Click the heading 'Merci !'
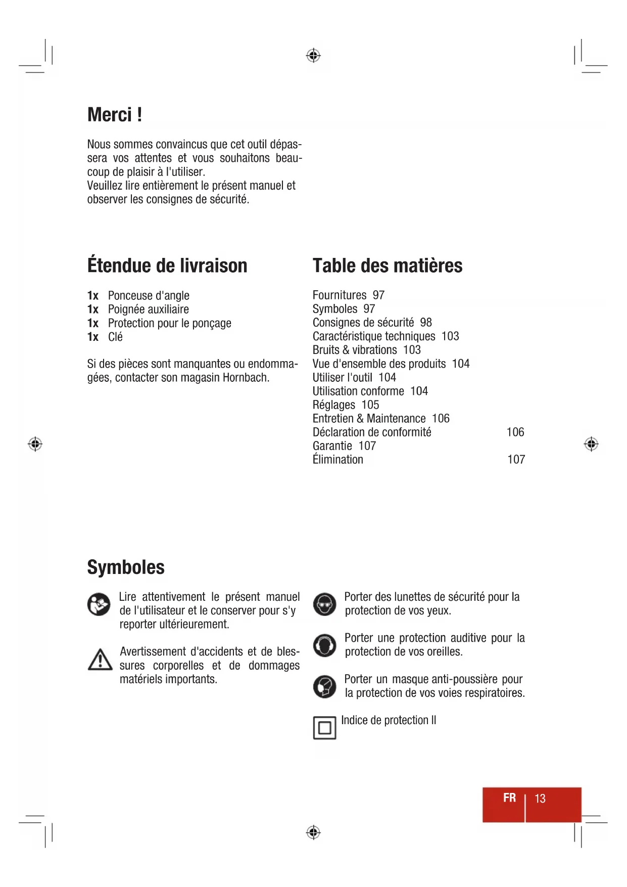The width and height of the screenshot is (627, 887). click(114, 115)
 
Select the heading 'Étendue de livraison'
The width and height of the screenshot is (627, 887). click(167, 265)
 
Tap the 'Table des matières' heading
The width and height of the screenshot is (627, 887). click(387, 265)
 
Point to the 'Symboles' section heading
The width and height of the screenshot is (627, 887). click(126, 567)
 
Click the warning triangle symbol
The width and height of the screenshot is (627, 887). click(100, 660)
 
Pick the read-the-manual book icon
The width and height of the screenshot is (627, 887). click(99, 604)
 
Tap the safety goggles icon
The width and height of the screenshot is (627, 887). click(324, 604)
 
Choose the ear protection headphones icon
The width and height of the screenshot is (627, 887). click(324, 645)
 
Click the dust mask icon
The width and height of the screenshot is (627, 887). click(324, 686)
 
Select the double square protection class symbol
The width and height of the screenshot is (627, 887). click(324, 728)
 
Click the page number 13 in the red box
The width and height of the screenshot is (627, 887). click(540, 799)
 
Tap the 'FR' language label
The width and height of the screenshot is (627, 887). click(509, 797)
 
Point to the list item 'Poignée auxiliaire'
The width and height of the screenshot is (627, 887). click(148, 309)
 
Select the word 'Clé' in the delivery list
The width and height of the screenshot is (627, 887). click(115, 337)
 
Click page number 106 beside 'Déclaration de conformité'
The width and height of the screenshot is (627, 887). click(515, 432)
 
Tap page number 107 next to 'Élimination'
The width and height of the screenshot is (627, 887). click(516, 460)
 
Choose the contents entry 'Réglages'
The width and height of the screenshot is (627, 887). click(334, 405)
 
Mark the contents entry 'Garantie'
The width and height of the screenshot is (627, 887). click(332, 446)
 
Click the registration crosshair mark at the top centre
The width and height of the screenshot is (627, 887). click(313, 55)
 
